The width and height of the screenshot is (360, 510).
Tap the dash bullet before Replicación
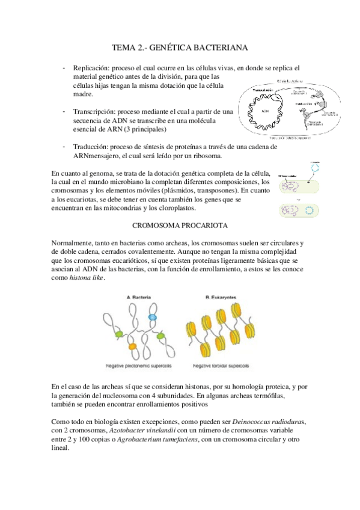pyautogui.click(x=64, y=67)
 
